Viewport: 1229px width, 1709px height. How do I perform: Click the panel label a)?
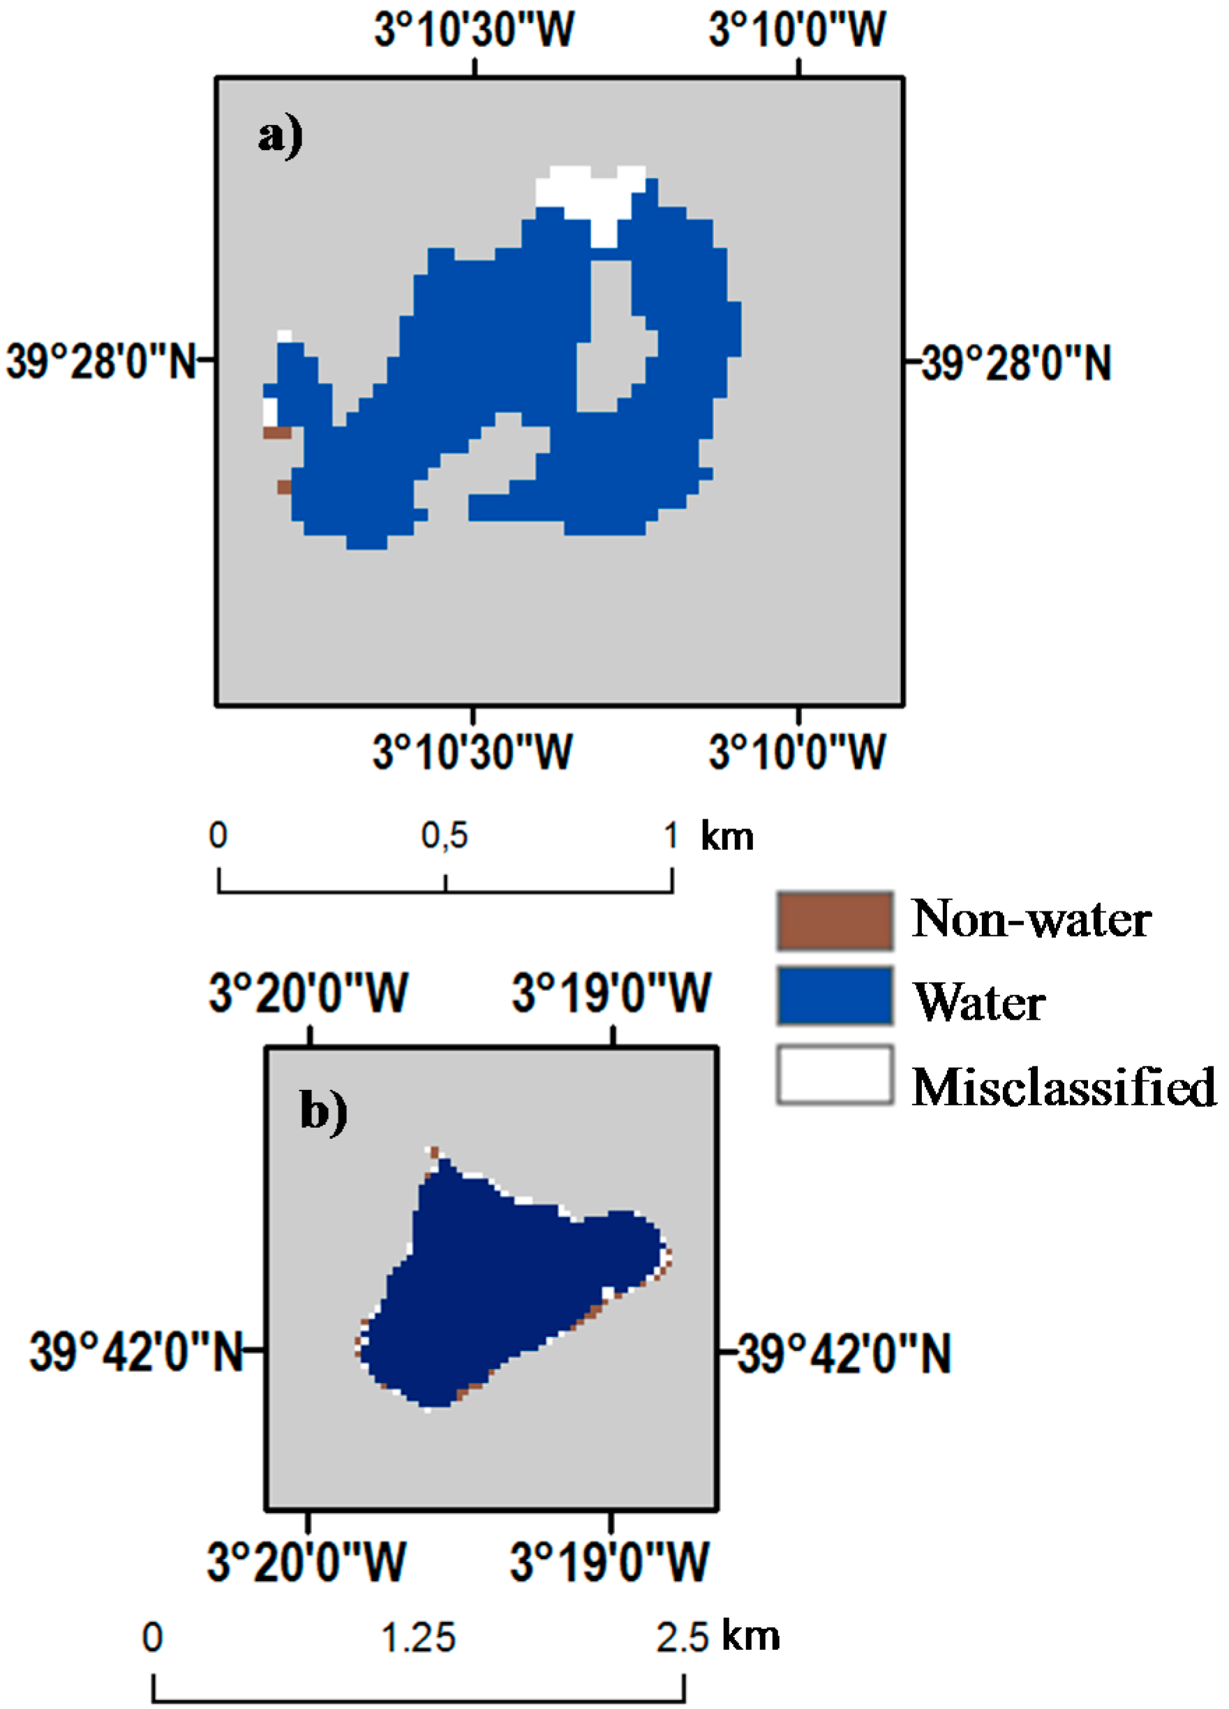click(x=281, y=137)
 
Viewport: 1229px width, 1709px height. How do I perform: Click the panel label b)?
click(x=323, y=1111)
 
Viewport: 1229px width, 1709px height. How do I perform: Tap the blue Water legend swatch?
click(x=835, y=997)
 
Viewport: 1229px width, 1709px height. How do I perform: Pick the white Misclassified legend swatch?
click(x=835, y=1075)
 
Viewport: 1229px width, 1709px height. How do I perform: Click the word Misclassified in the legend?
click(x=1064, y=1087)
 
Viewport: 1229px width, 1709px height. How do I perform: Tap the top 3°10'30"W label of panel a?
click(x=474, y=30)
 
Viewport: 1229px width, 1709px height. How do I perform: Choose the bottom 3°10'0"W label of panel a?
click(x=797, y=752)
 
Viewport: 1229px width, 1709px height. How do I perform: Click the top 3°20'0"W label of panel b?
click(x=308, y=992)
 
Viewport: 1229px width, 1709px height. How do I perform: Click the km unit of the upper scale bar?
click(x=727, y=837)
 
